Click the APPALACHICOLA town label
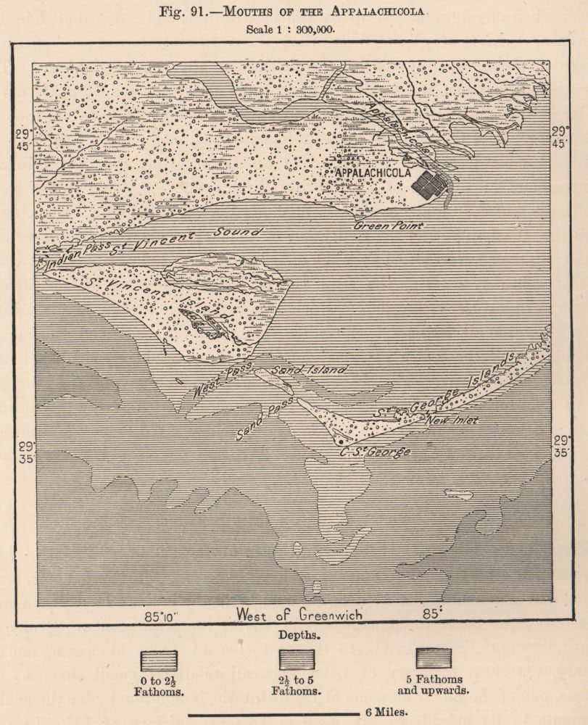(x=373, y=173)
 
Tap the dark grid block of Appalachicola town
(x=429, y=185)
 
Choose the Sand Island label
(x=310, y=370)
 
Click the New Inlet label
(x=452, y=420)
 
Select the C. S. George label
(x=375, y=452)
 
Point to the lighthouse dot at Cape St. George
(x=339, y=440)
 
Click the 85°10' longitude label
(x=162, y=616)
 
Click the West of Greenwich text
(x=298, y=615)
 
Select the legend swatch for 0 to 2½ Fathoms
(x=159, y=660)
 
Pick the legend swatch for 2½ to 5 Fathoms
(x=297, y=660)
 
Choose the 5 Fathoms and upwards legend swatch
(x=433, y=658)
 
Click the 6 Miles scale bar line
(x=273, y=714)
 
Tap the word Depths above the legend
(x=299, y=634)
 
